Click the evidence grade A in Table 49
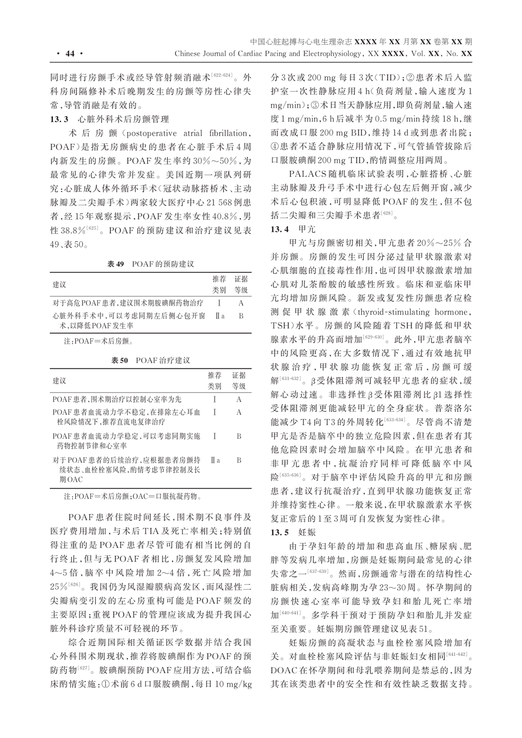241,303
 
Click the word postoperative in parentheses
150,134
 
